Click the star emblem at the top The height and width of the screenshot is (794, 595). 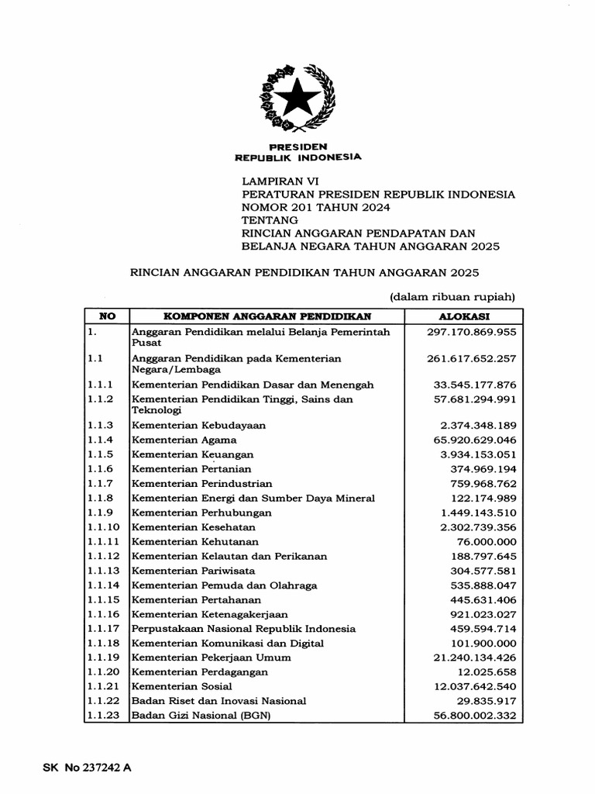pyautogui.click(x=297, y=100)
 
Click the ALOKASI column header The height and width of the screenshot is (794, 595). pyautogui.click(x=464, y=316)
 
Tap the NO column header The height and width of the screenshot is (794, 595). pyautogui.click(x=106, y=316)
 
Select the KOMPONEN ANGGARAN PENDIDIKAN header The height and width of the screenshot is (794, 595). pyautogui.click(x=267, y=316)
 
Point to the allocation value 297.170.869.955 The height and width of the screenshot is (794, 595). pyautogui.click(x=471, y=332)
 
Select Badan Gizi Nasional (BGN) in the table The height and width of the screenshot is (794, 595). pyautogui.click(x=201, y=715)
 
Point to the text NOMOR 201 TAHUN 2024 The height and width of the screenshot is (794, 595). pyautogui.click(x=316, y=208)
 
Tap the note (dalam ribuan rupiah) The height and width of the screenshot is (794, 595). pyautogui.click(x=452, y=296)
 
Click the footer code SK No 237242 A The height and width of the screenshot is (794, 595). pyautogui.click(x=86, y=768)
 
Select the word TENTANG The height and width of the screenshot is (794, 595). pyautogui.click(x=270, y=221)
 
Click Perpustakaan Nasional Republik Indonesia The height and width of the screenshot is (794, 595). pyautogui.click(x=243, y=629)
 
